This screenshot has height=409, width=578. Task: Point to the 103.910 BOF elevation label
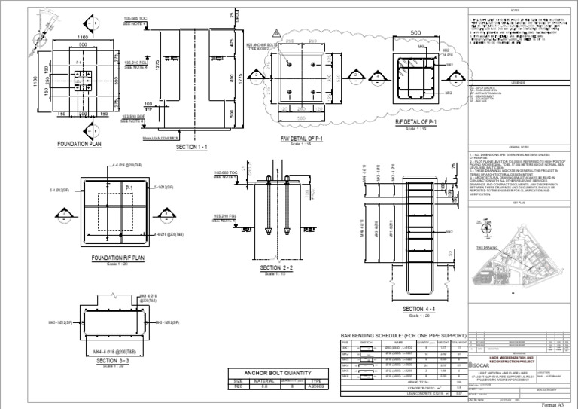pyautogui.click(x=136, y=116)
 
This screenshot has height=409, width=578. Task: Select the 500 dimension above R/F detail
pyautogui.click(x=415, y=32)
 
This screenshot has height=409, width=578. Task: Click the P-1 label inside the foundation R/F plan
pyautogui.click(x=129, y=186)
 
